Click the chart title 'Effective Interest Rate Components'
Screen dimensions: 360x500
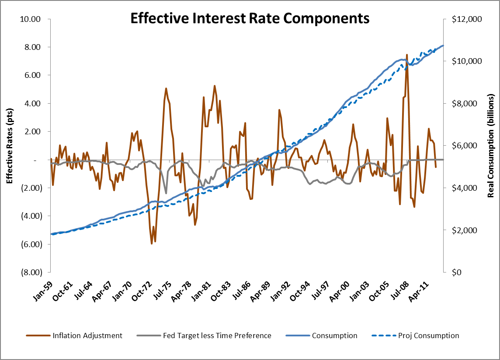point(250,18)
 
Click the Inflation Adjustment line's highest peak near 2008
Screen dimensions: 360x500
point(407,55)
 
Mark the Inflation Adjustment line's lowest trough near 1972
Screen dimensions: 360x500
point(152,243)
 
